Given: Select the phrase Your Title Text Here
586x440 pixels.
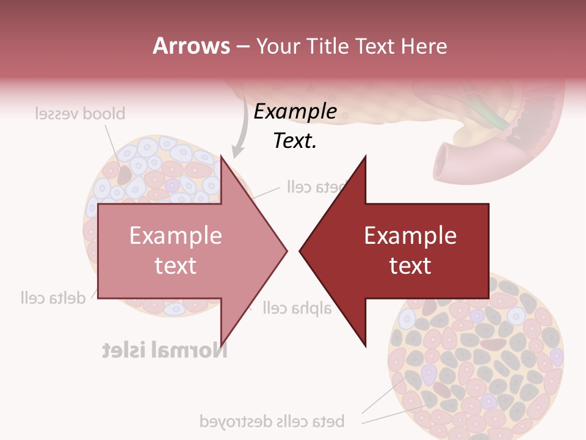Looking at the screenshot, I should pyautogui.click(x=351, y=46).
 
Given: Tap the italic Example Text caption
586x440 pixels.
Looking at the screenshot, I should pyautogui.click(x=295, y=126).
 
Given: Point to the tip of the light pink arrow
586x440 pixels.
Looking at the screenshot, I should pyautogui.click(x=286, y=250).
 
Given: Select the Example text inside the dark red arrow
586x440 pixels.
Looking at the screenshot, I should pyautogui.click(x=410, y=251).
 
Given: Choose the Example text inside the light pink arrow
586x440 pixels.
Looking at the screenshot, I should pyautogui.click(x=176, y=251).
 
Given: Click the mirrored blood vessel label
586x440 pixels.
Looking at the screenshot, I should pyautogui.click(x=80, y=114).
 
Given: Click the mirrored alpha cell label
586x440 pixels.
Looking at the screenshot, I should pyautogui.click(x=297, y=307).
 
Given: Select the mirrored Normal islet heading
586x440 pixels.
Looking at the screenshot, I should pyautogui.click(x=164, y=350).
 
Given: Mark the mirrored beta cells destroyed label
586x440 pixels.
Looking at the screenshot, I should pyautogui.click(x=272, y=421).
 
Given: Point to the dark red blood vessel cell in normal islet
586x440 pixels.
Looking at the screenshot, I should pyautogui.click(x=125, y=175).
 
